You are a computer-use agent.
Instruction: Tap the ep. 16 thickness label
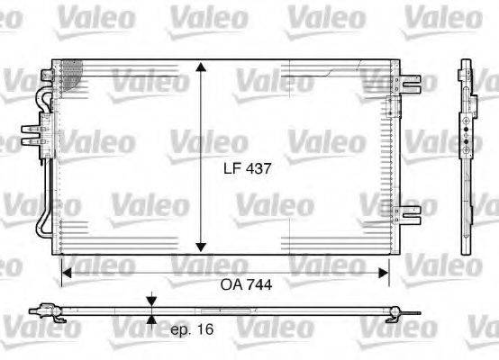[x=192, y=330]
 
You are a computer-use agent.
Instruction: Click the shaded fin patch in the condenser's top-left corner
[x=69, y=72]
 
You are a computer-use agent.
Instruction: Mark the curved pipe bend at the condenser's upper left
[x=41, y=94]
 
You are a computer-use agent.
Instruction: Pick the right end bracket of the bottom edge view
[x=402, y=311]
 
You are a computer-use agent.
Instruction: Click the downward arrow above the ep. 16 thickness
[x=152, y=301]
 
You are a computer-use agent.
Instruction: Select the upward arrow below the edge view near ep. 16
[x=152, y=321]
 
